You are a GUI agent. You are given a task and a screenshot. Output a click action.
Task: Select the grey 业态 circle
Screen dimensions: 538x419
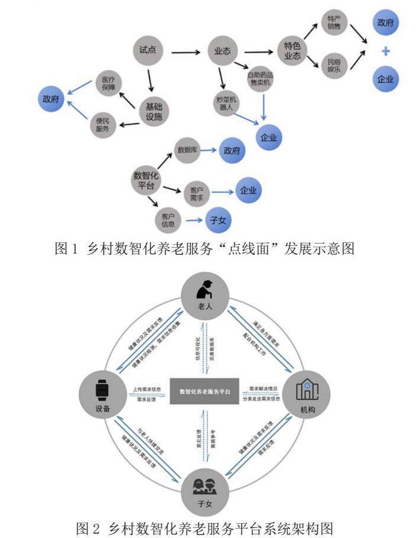222,51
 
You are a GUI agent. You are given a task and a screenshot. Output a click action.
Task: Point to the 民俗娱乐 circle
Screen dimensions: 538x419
333,64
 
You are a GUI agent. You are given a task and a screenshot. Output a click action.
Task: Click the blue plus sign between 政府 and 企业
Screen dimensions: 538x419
385,51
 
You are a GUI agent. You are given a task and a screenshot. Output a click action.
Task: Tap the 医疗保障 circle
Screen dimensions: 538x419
109,84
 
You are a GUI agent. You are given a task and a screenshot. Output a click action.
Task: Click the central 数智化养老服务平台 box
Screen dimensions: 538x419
204,391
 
